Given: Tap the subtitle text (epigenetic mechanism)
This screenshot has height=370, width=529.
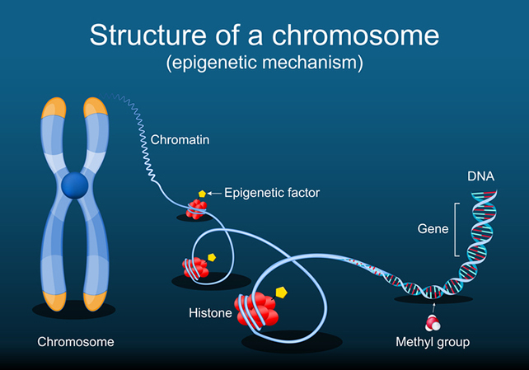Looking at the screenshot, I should pos(264,61).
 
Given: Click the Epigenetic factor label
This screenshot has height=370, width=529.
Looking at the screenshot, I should pos(272,193).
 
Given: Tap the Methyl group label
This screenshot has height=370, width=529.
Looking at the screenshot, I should pos(432,341).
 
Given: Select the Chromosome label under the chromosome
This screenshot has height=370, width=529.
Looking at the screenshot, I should pos(76,341).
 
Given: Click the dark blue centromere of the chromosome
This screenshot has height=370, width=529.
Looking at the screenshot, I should pos(76,183).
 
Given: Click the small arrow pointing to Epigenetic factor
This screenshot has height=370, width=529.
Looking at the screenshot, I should pos(214,193).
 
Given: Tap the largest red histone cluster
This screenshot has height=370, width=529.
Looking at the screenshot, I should pos(257,311).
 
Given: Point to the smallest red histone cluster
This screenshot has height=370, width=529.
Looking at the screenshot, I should pos(196,209).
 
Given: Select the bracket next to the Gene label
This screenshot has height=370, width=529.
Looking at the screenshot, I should pos(455,228).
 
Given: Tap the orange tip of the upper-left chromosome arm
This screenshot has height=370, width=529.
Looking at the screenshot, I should pos(54,109).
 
